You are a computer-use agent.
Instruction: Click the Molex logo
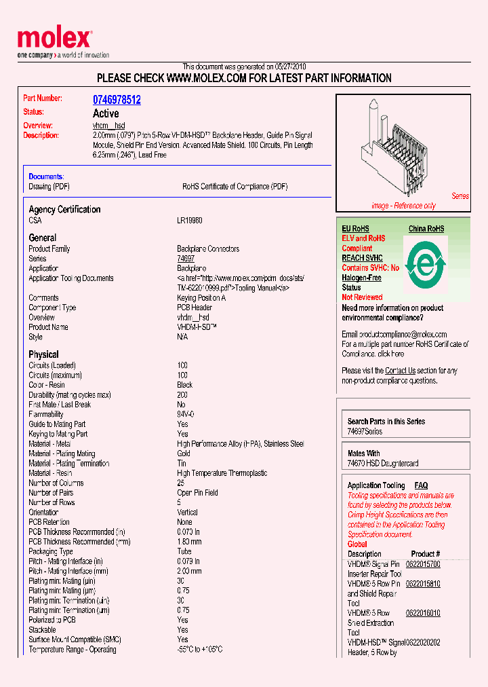coord(54,41)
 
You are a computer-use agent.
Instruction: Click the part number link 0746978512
coord(117,100)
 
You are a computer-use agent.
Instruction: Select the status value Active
coord(105,113)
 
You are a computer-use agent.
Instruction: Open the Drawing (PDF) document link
coord(49,187)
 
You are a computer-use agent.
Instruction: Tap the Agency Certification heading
coord(64,210)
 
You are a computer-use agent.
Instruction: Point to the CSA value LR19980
coord(190,221)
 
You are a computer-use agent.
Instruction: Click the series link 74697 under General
coord(186,259)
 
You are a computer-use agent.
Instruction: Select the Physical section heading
coord(43,354)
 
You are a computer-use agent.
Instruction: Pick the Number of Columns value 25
coord(181,483)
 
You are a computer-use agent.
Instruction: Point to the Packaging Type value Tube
coord(184,552)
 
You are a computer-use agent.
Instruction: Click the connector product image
coord(400,153)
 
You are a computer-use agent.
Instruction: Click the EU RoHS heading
coord(355,229)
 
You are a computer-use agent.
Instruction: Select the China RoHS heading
coord(426,229)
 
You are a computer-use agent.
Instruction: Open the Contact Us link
coord(400,371)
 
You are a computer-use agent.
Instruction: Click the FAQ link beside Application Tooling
coord(421,485)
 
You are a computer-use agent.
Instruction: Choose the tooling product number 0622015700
coord(423,564)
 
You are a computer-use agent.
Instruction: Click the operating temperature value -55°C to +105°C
coord(200,650)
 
